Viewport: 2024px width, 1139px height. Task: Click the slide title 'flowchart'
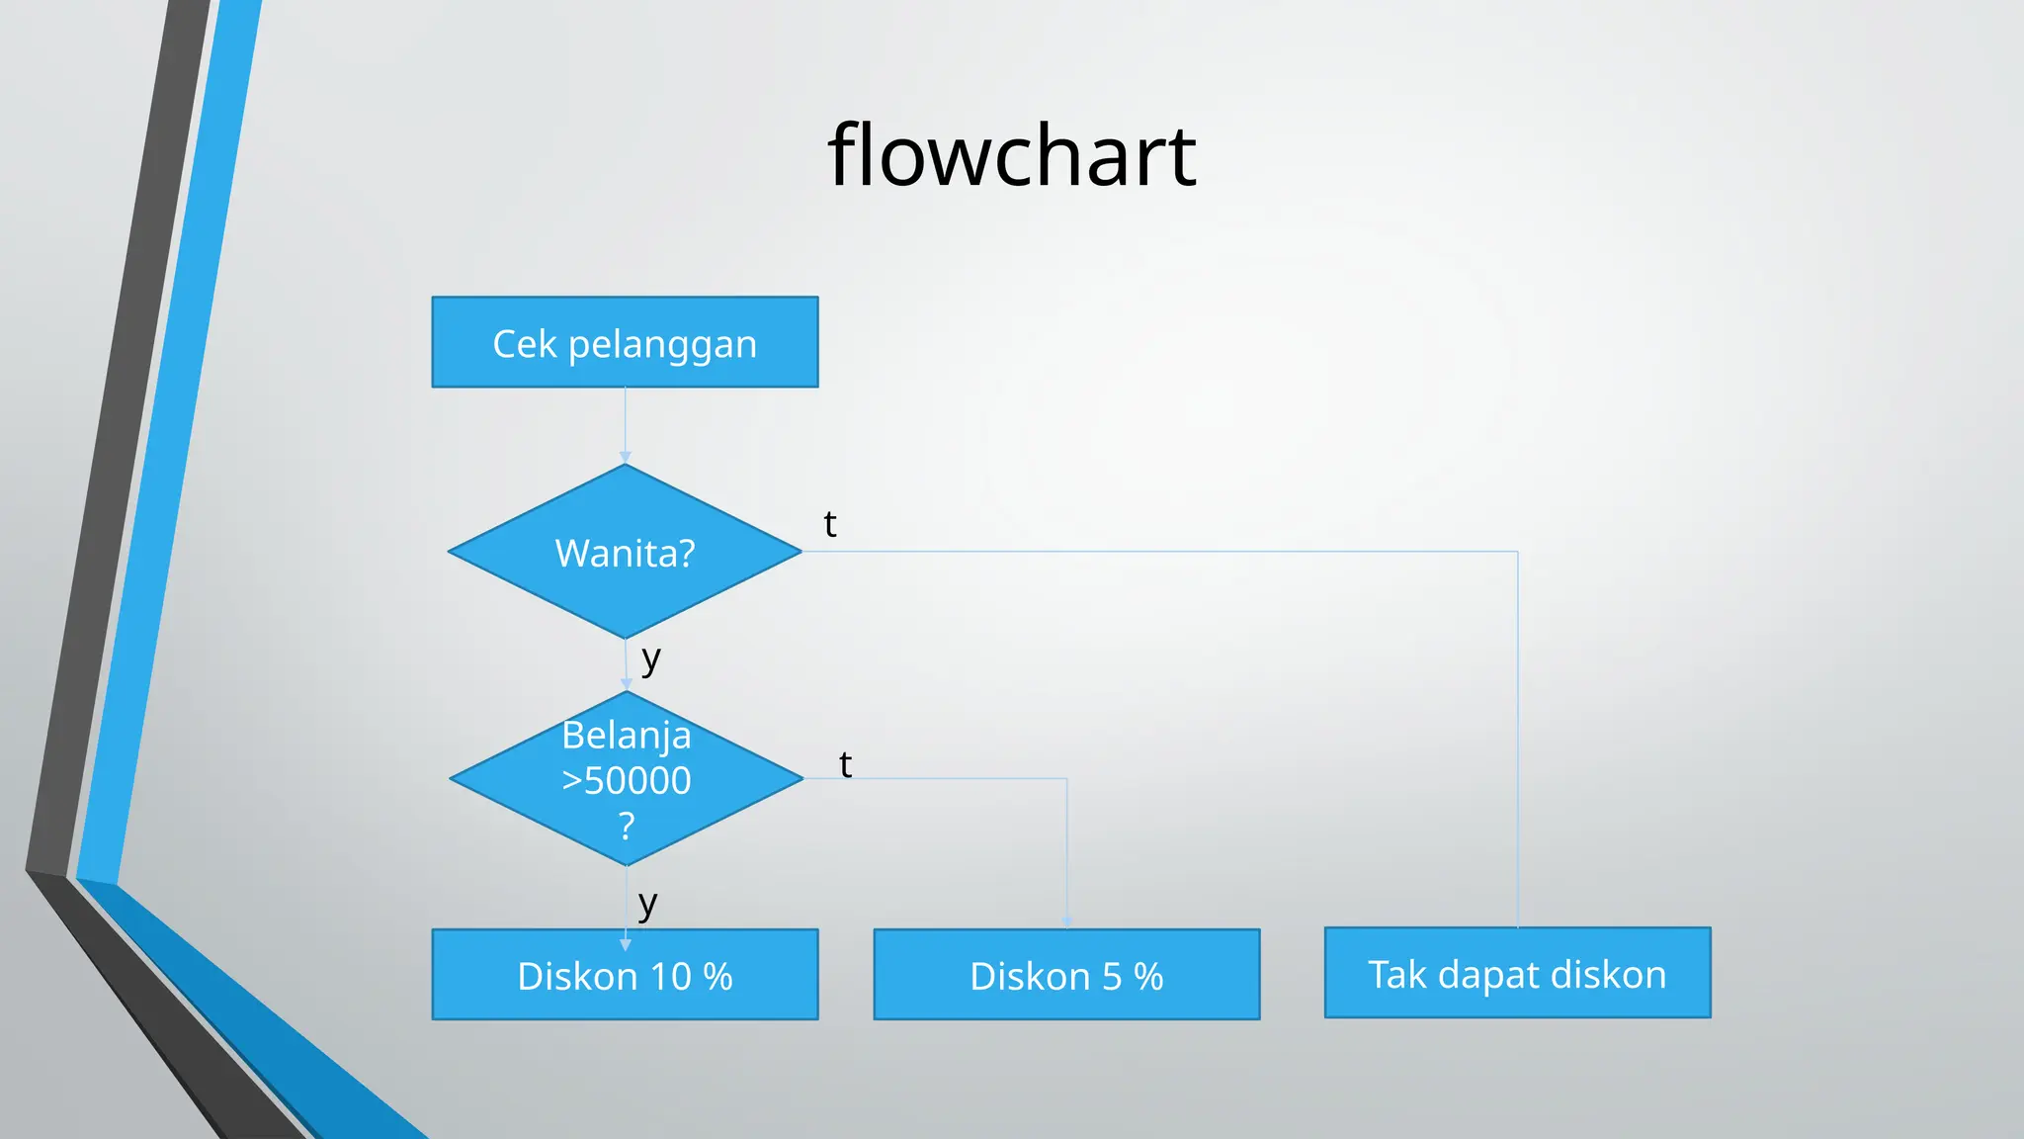pos(1011,155)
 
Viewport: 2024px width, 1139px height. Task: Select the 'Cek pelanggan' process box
pos(625,342)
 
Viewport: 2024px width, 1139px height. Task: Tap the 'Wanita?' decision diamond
pos(625,552)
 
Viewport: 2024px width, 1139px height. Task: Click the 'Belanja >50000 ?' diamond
pos(627,779)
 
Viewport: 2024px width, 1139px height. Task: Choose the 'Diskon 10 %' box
pos(625,975)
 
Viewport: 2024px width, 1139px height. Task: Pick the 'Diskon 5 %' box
pos(1066,975)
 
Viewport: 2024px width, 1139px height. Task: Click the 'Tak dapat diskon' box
pos(1517,973)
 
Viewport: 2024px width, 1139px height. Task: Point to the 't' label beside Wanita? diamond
pos(830,524)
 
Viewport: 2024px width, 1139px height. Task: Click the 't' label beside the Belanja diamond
pos(845,764)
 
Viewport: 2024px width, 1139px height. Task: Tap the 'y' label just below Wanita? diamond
pos(650,658)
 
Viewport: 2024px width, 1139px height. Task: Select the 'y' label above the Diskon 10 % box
pos(647,903)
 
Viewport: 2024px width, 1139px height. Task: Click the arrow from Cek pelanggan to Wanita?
pos(625,425)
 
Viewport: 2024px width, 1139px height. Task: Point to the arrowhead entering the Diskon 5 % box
pos(1066,921)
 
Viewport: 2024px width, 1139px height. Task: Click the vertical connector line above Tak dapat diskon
pos(1517,742)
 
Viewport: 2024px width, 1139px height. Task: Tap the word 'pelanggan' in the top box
pos(662,344)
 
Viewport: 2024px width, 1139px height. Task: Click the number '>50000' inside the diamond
pos(627,780)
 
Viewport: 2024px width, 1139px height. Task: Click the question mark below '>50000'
pos(627,825)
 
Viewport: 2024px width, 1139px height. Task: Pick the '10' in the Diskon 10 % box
pos(670,977)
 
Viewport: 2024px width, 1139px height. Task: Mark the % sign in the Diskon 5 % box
pos(1148,977)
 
